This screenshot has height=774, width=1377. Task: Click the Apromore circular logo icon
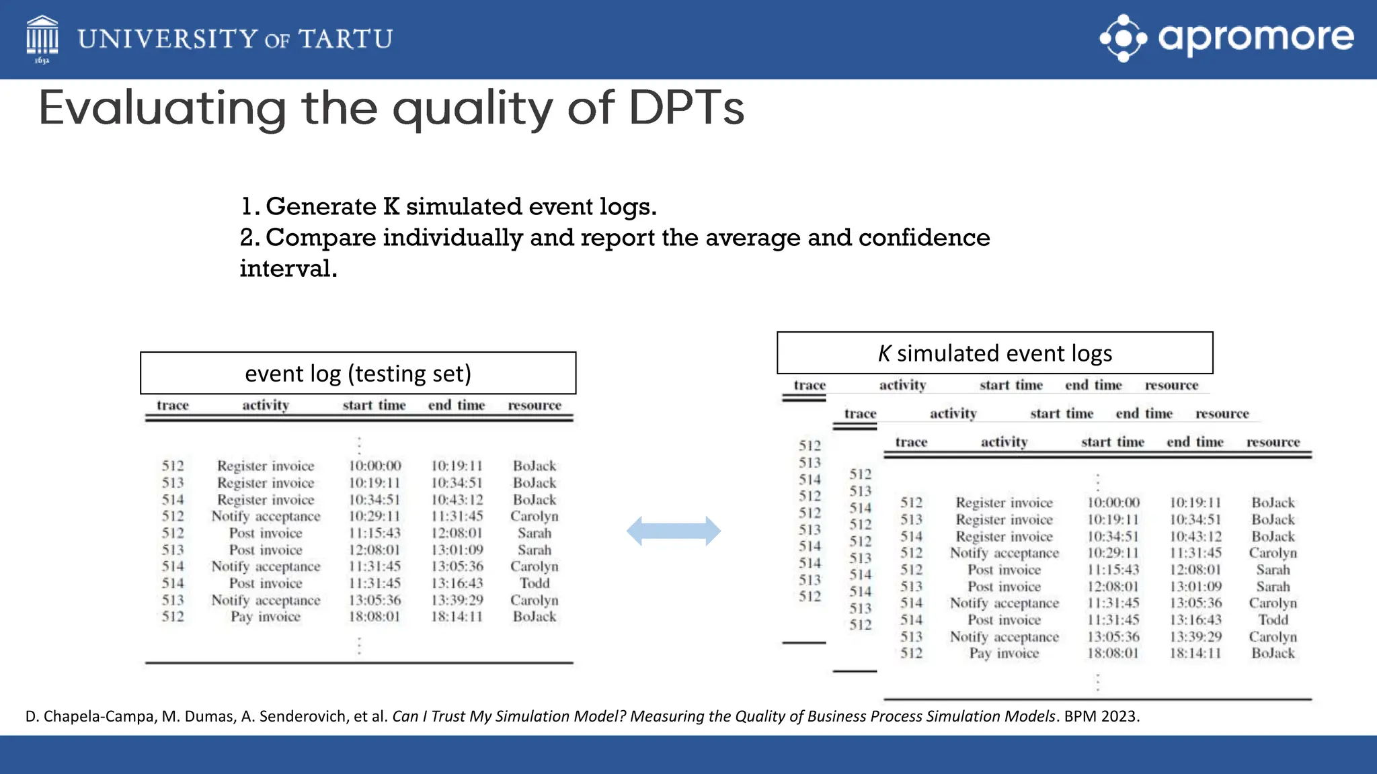[1123, 38]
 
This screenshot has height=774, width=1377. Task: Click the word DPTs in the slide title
[686, 107]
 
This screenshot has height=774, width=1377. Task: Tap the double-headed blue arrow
[674, 531]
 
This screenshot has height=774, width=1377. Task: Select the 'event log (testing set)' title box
[358, 373]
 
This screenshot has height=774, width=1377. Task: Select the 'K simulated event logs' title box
[994, 353]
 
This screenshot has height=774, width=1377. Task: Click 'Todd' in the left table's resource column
[535, 583]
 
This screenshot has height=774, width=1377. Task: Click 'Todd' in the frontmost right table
[1273, 619]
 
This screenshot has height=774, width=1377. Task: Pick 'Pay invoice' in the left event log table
[266, 617]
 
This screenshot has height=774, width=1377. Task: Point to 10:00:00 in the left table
[375, 466]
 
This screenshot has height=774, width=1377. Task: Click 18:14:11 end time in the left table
[457, 617]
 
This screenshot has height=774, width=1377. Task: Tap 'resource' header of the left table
[535, 405]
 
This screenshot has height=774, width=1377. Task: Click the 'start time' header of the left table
[374, 405]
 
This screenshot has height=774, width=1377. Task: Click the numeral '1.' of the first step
[250, 206]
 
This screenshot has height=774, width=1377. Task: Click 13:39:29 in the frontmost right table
[1195, 636]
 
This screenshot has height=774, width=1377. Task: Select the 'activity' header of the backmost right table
[902, 385]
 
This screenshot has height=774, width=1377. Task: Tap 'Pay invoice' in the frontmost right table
[1004, 653]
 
